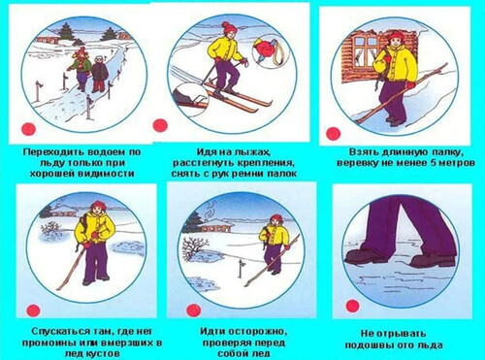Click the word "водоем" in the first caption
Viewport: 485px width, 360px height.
pos(103,152)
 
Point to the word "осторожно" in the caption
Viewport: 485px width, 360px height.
pos(255,332)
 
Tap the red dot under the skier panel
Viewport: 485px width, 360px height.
pos(160,125)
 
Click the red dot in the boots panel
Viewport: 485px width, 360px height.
pos(353,306)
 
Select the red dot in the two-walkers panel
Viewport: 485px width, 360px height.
pos(28,129)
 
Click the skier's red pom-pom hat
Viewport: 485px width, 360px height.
pos(229,27)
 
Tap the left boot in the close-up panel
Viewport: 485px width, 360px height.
pos(367,255)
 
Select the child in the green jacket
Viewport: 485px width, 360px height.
pos(81,68)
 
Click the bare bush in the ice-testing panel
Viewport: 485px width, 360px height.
pos(192,247)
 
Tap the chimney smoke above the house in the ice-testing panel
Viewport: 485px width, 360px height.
pos(210,209)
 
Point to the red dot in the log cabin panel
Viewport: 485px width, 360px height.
pos(334,134)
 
